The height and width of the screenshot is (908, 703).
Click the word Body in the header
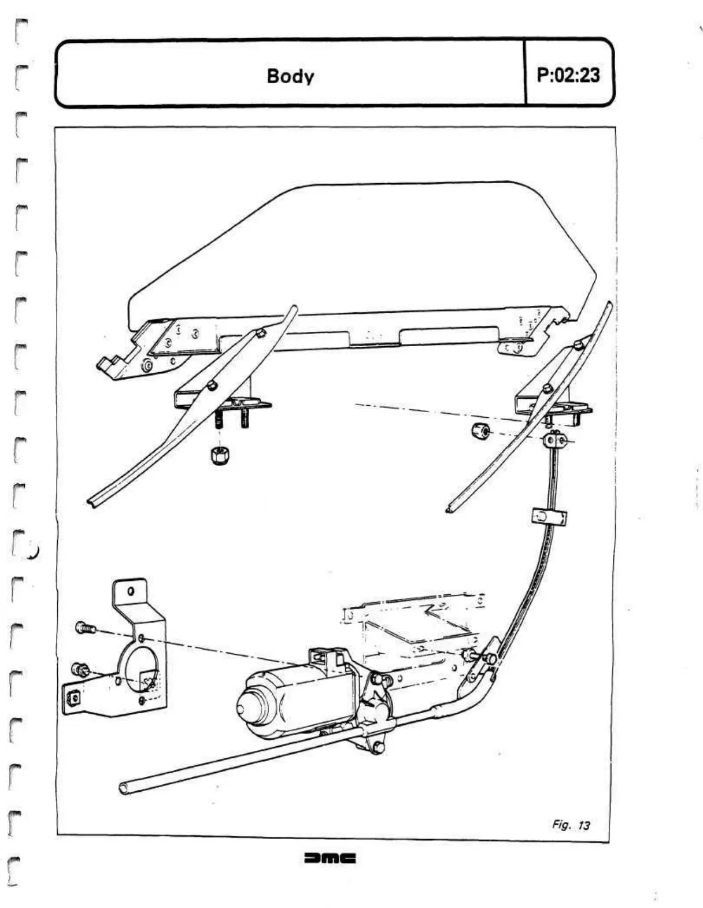pyautogui.click(x=290, y=76)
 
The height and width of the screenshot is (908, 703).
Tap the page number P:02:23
pyautogui.click(x=568, y=75)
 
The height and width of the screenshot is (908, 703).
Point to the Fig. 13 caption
pyautogui.click(x=571, y=825)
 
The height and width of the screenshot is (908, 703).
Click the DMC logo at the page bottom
pyautogui.click(x=330, y=858)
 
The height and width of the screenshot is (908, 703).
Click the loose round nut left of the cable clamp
pyautogui.click(x=479, y=431)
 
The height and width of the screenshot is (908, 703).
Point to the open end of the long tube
pyautogui.click(x=124, y=788)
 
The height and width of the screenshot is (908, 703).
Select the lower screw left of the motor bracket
pyautogui.click(x=80, y=670)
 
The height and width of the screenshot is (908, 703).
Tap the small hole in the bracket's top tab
pyautogui.click(x=131, y=591)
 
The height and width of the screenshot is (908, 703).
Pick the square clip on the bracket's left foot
pyautogui.click(x=72, y=698)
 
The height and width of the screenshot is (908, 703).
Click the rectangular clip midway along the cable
pyautogui.click(x=549, y=516)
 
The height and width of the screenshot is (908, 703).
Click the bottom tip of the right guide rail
pyautogui.click(x=449, y=510)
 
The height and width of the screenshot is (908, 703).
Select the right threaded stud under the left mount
pyautogui.click(x=245, y=417)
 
